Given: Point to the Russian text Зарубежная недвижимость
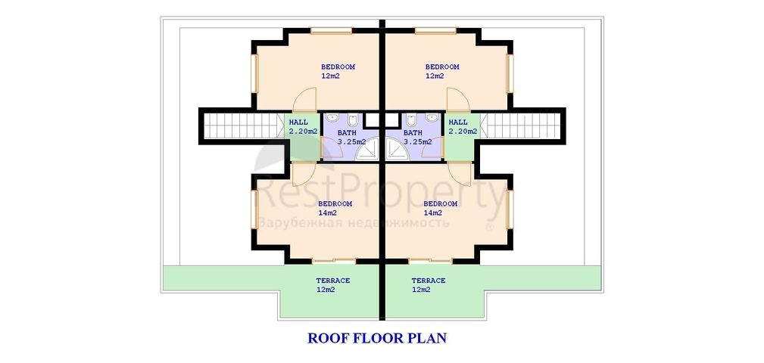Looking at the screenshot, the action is click(x=354, y=223).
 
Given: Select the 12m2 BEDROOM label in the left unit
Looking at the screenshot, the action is click(x=338, y=71).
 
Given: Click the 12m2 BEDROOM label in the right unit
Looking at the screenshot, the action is click(x=442, y=71).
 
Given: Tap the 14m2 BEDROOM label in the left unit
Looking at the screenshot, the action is click(x=335, y=208).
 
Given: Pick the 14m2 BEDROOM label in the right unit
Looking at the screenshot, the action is click(x=440, y=208).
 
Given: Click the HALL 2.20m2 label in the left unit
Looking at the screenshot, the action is click(x=303, y=126).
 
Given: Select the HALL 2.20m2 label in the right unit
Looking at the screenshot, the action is click(x=463, y=126).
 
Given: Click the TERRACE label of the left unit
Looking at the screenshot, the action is click(x=333, y=285).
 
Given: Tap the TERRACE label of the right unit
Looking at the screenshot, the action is click(x=429, y=285).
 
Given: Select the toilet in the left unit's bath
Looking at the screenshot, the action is click(x=354, y=119).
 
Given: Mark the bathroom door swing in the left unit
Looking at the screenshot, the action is click(x=332, y=147).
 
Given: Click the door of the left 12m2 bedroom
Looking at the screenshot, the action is click(x=305, y=99).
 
